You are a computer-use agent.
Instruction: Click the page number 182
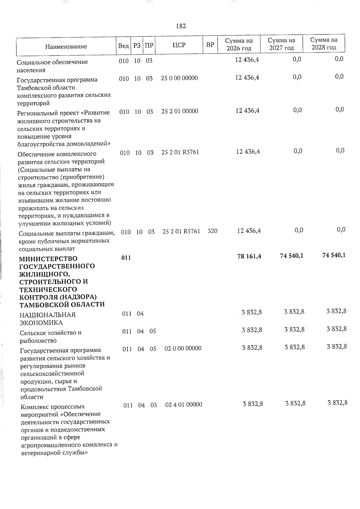pyautogui.click(x=181, y=26)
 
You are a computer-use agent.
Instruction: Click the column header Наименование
pyautogui.click(x=66, y=46)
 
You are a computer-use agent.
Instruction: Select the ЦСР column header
pyautogui.click(x=179, y=45)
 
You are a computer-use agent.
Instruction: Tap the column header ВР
pyautogui.click(x=210, y=45)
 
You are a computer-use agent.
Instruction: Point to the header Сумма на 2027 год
pyautogui.click(x=281, y=44)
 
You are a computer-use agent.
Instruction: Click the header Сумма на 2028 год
pyautogui.click(x=324, y=44)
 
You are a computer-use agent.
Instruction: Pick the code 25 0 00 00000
pyautogui.click(x=179, y=78)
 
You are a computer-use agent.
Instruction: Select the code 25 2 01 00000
pyautogui.click(x=180, y=111)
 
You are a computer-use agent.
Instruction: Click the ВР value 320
pyautogui.click(x=212, y=231)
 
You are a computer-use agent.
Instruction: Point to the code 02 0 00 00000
pyautogui.click(x=183, y=349)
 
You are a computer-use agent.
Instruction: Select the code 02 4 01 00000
pyautogui.click(x=184, y=405)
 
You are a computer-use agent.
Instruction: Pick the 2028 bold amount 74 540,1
pyautogui.click(x=333, y=255)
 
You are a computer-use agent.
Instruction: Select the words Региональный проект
pyautogui.click(x=49, y=113)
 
